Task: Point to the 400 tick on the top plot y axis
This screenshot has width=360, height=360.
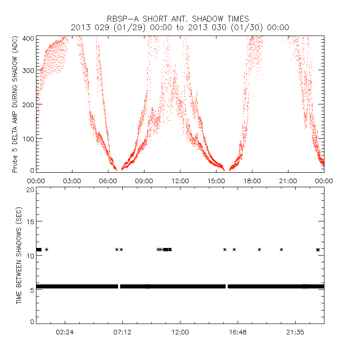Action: [x=28, y=38]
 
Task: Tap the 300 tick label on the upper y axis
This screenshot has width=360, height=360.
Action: [x=28, y=71]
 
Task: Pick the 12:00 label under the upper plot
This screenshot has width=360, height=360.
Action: [x=180, y=180]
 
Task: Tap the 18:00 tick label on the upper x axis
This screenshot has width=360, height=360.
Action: [x=252, y=180]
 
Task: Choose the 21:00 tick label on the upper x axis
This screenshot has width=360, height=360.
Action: [x=288, y=180]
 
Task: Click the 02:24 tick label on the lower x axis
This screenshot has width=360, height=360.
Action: [x=65, y=332]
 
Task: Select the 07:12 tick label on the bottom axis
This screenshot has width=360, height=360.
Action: [x=122, y=332]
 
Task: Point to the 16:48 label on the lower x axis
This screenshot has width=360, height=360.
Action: [x=238, y=332]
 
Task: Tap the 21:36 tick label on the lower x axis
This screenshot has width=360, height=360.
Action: [x=295, y=332]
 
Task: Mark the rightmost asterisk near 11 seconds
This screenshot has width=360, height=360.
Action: [x=318, y=249]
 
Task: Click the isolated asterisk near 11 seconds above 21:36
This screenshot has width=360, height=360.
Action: [x=282, y=249]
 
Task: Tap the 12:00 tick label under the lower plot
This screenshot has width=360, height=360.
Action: [x=180, y=332]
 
